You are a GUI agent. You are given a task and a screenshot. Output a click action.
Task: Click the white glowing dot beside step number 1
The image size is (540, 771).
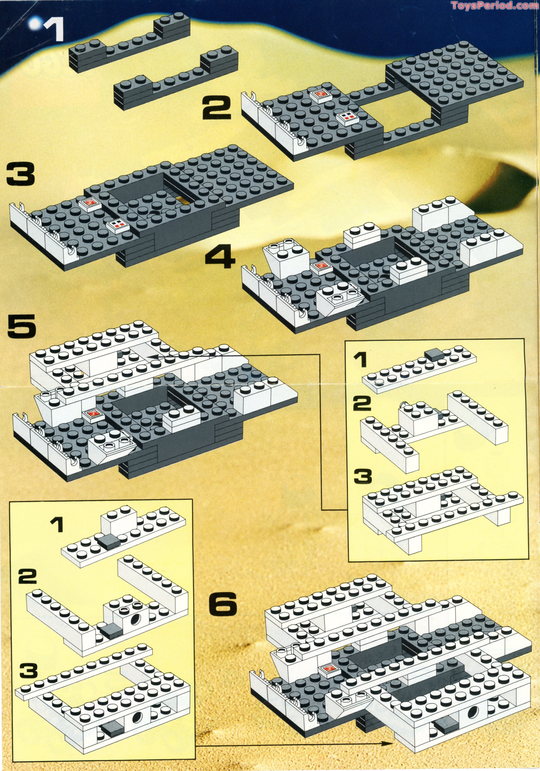[34, 25]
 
